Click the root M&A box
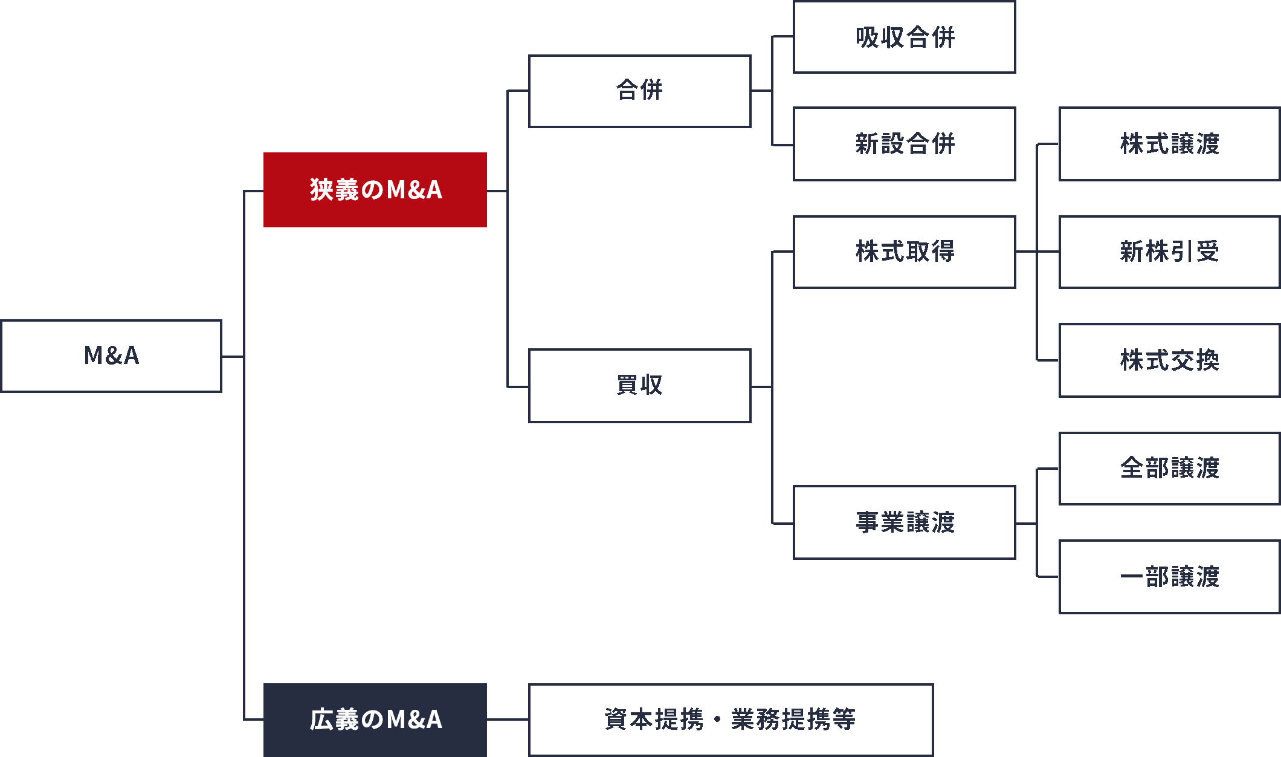[111, 356]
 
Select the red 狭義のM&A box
[375, 190]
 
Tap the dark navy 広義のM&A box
[375, 720]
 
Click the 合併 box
[640, 91]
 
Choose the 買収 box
[640, 386]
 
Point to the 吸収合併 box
[905, 37]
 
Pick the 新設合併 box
[905, 144]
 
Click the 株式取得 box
[905, 252]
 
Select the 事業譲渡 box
[905, 522]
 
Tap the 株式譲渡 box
[1169, 144]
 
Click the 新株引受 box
[1169, 252]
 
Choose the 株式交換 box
[1169, 360]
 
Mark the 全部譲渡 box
[1169, 469]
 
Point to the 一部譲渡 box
[1169, 577]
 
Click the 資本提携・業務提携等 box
[731, 720]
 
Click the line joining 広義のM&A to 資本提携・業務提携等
[508, 720]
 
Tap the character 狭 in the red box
[321, 190]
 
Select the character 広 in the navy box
[321, 720]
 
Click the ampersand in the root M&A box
[112, 356]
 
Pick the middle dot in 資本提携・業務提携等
[717, 720]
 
